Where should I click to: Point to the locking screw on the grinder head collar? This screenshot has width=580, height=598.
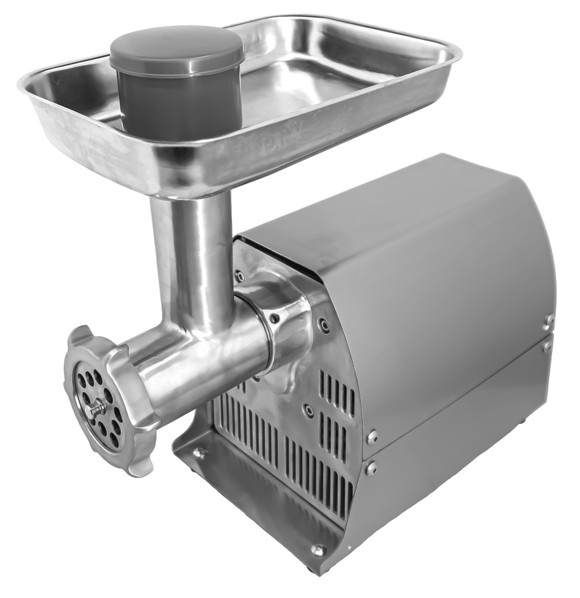(x=274, y=318)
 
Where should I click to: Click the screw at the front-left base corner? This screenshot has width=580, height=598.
(x=197, y=453)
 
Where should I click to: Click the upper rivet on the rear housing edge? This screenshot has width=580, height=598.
(x=549, y=322)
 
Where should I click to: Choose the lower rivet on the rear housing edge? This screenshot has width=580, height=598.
(x=547, y=346)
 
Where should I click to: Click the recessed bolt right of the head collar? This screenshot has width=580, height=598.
(x=324, y=326)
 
